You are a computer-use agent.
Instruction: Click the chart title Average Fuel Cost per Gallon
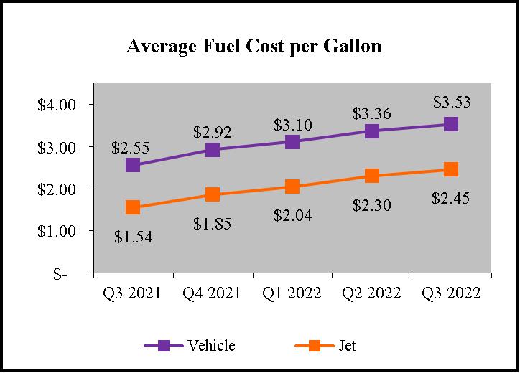pos(254,47)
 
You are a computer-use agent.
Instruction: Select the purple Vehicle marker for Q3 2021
pos(133,165)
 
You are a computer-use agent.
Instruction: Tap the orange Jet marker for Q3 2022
pos(451,169)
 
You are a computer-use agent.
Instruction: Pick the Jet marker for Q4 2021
pos(213,194)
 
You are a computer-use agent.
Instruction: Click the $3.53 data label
pos(451,102)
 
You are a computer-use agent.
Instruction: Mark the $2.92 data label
pos(213,132)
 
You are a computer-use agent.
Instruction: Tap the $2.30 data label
pos(371,205)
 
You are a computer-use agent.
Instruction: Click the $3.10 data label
pos(292,125)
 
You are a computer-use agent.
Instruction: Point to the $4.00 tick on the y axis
pos(57,105)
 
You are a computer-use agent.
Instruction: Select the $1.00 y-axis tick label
pos(57,232)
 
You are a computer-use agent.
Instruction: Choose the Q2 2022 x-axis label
pos(371,294)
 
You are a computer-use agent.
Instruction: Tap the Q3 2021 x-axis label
pos(133,294)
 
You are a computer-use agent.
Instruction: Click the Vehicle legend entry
pos(211,346)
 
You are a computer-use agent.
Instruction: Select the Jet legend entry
pos(347,346)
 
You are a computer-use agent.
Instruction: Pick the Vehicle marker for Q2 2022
pos(371,131)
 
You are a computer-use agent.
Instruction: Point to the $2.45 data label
pos(451,198)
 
